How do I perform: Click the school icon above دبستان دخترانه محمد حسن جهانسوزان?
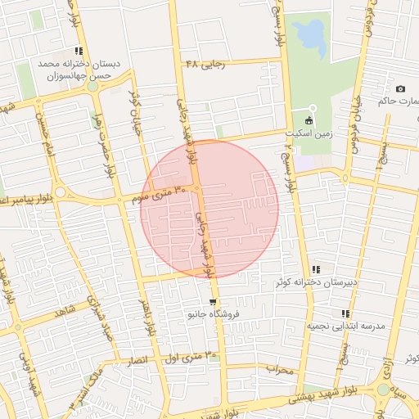[78, 51]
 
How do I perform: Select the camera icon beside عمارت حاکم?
[400, 88]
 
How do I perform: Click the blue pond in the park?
[309, 34]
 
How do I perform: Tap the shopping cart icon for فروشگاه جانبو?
[214, 301]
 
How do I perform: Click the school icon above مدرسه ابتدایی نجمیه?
[345, 313]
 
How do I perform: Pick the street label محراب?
[280, 370]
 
